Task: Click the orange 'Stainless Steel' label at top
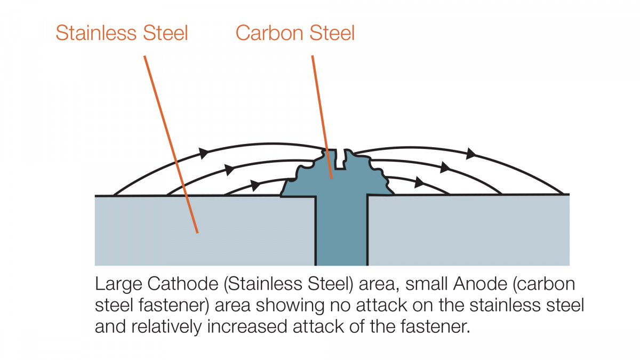(x=122, y=33)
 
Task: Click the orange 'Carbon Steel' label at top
(x=295, y=33)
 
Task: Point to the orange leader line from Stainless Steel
(x=171, y=145)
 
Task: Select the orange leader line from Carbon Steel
(x=322, y=117)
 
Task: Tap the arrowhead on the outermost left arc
(x=204, y=153)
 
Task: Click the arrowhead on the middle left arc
(x=229, y=170)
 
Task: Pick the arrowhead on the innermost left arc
(x=255, y=186)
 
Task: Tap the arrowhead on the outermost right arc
(x=471, y=154)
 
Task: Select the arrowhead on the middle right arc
(x=445, y=167)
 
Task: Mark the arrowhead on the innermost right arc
(x=419, y=182)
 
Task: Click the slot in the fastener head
(x=340, y=159)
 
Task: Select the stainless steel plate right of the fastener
(x=469, y=230)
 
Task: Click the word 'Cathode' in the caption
(x=183, y=284)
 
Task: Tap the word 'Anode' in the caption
(x=481, y=284)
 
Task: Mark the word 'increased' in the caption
(x=247, y=326)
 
